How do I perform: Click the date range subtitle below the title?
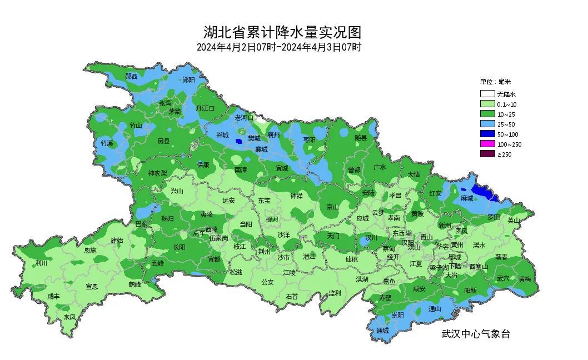pos(279,47)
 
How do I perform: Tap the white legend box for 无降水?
pos(487,94)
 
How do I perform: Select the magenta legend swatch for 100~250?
pos(487,144)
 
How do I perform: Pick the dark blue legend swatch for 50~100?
pos(487,134)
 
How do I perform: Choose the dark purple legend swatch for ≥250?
pos(487,154)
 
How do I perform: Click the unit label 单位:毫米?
pos(495,82)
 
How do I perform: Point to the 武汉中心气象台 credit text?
pos(475,334)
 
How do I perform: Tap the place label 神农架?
pos(157,173)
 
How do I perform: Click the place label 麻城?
pos(466,198)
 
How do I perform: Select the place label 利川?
pos(42,263)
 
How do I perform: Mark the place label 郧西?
pos(132,77)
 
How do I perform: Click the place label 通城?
pos(382,331)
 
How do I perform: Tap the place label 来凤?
pos(69,317)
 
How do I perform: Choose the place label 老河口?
pos(244,118)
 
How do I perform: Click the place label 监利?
pos(334,293)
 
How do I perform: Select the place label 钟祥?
pos(297,196)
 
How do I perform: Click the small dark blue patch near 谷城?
pos(239,141)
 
